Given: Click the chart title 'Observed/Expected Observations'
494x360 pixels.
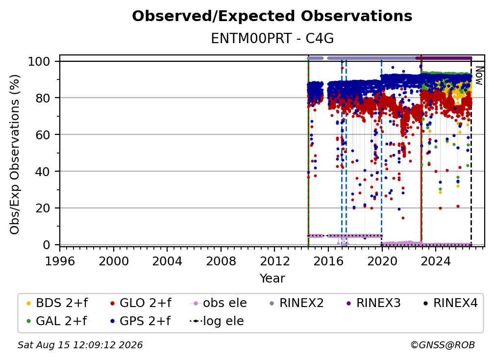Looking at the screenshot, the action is (272, 16).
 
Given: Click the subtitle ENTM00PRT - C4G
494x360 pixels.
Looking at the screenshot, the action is (272, 39).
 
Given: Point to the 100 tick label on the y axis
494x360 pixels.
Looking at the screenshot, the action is (39, 61).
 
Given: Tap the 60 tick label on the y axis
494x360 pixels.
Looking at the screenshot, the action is (43, 135).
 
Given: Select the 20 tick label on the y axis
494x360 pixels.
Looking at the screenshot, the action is (43, 208).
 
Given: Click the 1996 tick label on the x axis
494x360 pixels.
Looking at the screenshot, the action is (60, 261).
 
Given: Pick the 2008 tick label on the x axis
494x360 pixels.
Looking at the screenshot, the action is (221, 261).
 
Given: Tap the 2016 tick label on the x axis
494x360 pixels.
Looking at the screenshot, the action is (328, 261).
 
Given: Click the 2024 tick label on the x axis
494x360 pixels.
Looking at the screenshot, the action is (436, 261).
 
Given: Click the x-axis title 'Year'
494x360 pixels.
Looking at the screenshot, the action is (272, 279).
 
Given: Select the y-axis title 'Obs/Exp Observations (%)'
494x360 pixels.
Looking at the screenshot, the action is (15, 154).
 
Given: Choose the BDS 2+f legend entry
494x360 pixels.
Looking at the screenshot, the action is (57, 303).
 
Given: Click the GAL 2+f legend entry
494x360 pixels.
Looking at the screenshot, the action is (57, 321).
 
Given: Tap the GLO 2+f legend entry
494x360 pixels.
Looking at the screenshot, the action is (141, 303).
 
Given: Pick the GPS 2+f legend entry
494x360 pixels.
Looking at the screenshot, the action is (140, 321).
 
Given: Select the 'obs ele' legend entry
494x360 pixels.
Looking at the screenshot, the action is (219, 303).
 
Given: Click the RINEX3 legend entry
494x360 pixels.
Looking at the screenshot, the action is (373, 303).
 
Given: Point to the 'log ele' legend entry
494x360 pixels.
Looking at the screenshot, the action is (217, 321).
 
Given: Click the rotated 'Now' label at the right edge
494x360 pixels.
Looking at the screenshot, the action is (479, 76).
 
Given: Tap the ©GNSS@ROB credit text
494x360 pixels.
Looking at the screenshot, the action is (443, 345).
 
